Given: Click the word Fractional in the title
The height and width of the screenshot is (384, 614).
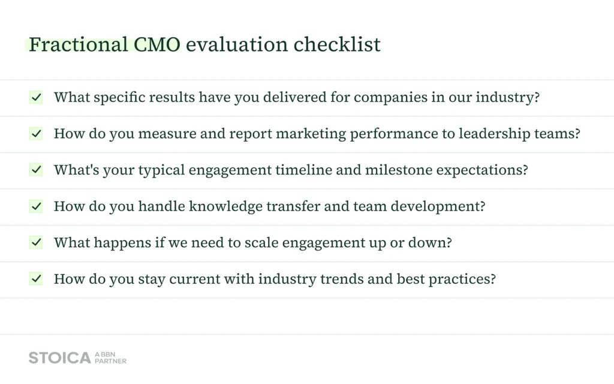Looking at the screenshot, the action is point(79,44).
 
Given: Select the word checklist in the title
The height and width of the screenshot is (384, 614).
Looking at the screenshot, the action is point(337,44).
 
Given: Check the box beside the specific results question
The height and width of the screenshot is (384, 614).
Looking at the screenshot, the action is point(36,97).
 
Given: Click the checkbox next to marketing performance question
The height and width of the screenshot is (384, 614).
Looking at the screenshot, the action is point(36,134).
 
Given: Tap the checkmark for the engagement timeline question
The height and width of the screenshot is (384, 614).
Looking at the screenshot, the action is point(36,170).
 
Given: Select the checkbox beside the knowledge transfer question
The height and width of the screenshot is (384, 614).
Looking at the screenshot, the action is point(36,206).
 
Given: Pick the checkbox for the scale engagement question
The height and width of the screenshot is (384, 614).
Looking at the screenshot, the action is point(36,242).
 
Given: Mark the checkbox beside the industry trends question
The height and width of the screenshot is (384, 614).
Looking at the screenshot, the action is point(36,279).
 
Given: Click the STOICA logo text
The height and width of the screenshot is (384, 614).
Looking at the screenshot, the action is point(60,358).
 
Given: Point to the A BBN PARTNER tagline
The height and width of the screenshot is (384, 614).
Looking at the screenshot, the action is point(110,358).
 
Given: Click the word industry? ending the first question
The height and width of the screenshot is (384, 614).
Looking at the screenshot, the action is point(507,97).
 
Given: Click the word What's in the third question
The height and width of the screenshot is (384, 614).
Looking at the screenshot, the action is point(76,170).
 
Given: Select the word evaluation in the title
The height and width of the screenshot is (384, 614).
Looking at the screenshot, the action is point(237,44).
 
